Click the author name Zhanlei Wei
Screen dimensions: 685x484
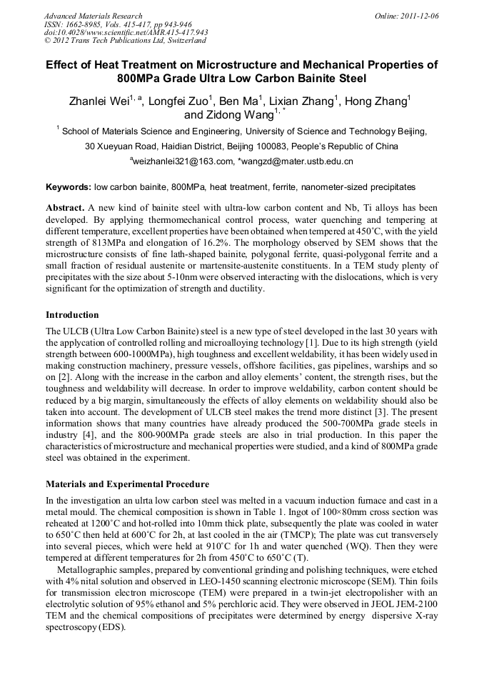pos(100,101)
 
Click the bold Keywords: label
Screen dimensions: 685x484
pos(69,187)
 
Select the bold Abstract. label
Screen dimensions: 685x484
pos(66,207)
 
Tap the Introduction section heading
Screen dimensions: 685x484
pos(72,314)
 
